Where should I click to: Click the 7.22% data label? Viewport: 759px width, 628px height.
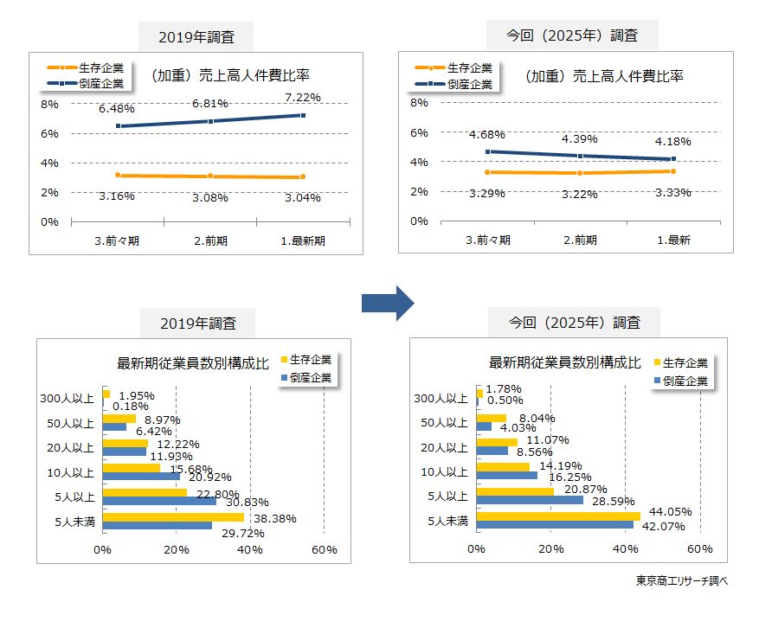(302, 97)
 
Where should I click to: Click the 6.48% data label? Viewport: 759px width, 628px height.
(117, 109)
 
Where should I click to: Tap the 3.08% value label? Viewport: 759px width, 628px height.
(210, 197)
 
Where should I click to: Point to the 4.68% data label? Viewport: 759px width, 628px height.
(487, 134)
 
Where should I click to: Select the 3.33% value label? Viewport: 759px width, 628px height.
(672, 192)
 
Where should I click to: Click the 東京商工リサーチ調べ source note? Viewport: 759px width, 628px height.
(681, 581)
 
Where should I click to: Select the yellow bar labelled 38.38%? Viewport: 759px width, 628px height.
(173, 516)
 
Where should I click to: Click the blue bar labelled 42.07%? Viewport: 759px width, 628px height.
(555, 524)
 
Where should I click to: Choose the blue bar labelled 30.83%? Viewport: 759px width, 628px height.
(159, 501)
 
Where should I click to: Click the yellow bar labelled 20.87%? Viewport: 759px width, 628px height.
(515, 491)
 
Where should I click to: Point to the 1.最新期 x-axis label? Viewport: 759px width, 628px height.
(302, 240)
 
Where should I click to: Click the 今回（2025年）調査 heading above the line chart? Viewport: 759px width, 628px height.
(573, 35)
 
